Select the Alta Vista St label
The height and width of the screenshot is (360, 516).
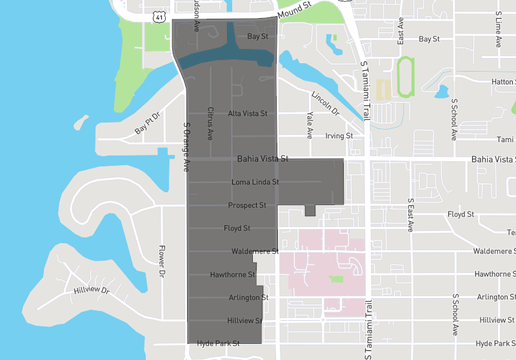click(x=248, y=114)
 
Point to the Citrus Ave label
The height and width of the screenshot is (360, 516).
click(x=210, y=124)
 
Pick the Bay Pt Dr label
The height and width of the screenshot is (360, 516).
click(x=146, y=123)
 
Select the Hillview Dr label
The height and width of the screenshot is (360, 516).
click(x=92, y=291)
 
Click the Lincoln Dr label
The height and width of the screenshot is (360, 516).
click(x=325, y=103)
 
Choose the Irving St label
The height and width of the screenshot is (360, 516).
click(x=339, y=136)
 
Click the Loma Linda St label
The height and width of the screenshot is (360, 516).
click(x=255, y=183)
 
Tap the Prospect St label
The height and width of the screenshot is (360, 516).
click(x=247, y=205)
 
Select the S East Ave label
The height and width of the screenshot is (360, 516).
click(x=410, y=215)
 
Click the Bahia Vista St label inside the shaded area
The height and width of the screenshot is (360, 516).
click(x=263, y=158)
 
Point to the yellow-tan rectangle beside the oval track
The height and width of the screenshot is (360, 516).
click(x=382, y=89)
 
